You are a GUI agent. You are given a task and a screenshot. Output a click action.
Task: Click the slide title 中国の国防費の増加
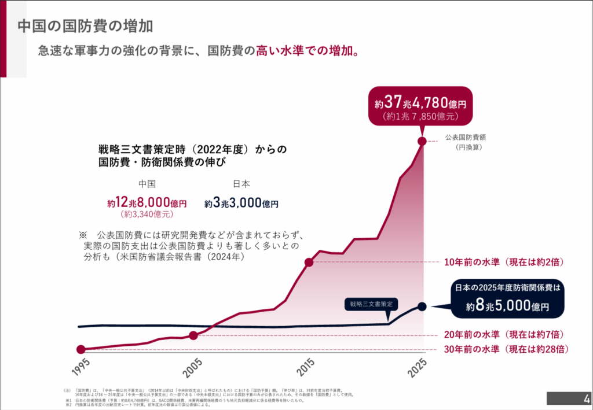point(85,26)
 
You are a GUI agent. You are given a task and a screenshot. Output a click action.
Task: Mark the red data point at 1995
point(81,349)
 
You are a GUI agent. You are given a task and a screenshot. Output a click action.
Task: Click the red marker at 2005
point(193,335)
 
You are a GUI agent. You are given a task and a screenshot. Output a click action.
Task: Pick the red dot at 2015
point(309,263)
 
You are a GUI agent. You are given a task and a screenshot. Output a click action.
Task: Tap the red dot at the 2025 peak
point(423,140)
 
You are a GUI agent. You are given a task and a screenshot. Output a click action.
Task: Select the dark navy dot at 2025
point(422,306)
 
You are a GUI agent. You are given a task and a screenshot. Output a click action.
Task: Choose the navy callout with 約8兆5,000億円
point(508,299)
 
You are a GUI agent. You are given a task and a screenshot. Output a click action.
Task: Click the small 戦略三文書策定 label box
point(371,304)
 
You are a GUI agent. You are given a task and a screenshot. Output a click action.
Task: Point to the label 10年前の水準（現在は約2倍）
point(503,262)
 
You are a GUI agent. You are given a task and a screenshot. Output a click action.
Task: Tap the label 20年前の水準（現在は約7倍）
point(503,335)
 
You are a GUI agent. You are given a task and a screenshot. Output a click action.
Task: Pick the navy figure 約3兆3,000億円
point(241,203)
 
